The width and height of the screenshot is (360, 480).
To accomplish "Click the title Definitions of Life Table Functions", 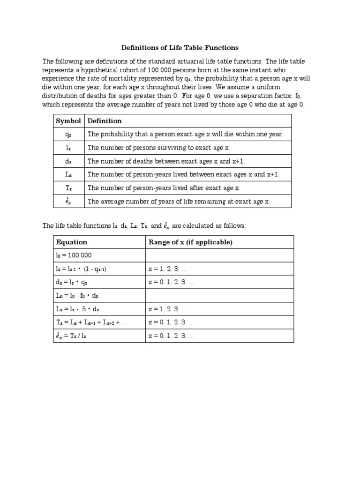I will point(180,48).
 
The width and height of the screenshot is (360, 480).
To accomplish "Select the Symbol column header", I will point(68,121).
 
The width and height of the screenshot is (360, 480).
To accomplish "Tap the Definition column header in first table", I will point(105,121).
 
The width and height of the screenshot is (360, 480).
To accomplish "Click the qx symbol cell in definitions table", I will point(68,135).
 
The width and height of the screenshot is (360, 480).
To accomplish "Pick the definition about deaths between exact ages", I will point(166,161).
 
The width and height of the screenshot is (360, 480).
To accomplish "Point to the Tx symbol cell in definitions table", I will point(68,188).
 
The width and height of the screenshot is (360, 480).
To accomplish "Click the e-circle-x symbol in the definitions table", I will point(68,202).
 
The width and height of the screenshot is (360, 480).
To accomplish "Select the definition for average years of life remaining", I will point(179,202).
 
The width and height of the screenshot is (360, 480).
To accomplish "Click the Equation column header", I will point(72,242).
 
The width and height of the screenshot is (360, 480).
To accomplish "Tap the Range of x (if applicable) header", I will point(190,242).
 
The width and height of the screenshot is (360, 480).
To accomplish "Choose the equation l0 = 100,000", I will point(74,255).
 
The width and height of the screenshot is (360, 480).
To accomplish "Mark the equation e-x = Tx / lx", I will point(75,336).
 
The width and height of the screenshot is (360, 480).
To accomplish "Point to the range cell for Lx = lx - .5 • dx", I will point(168,309).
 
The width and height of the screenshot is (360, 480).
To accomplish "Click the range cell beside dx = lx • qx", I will point(171,283).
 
